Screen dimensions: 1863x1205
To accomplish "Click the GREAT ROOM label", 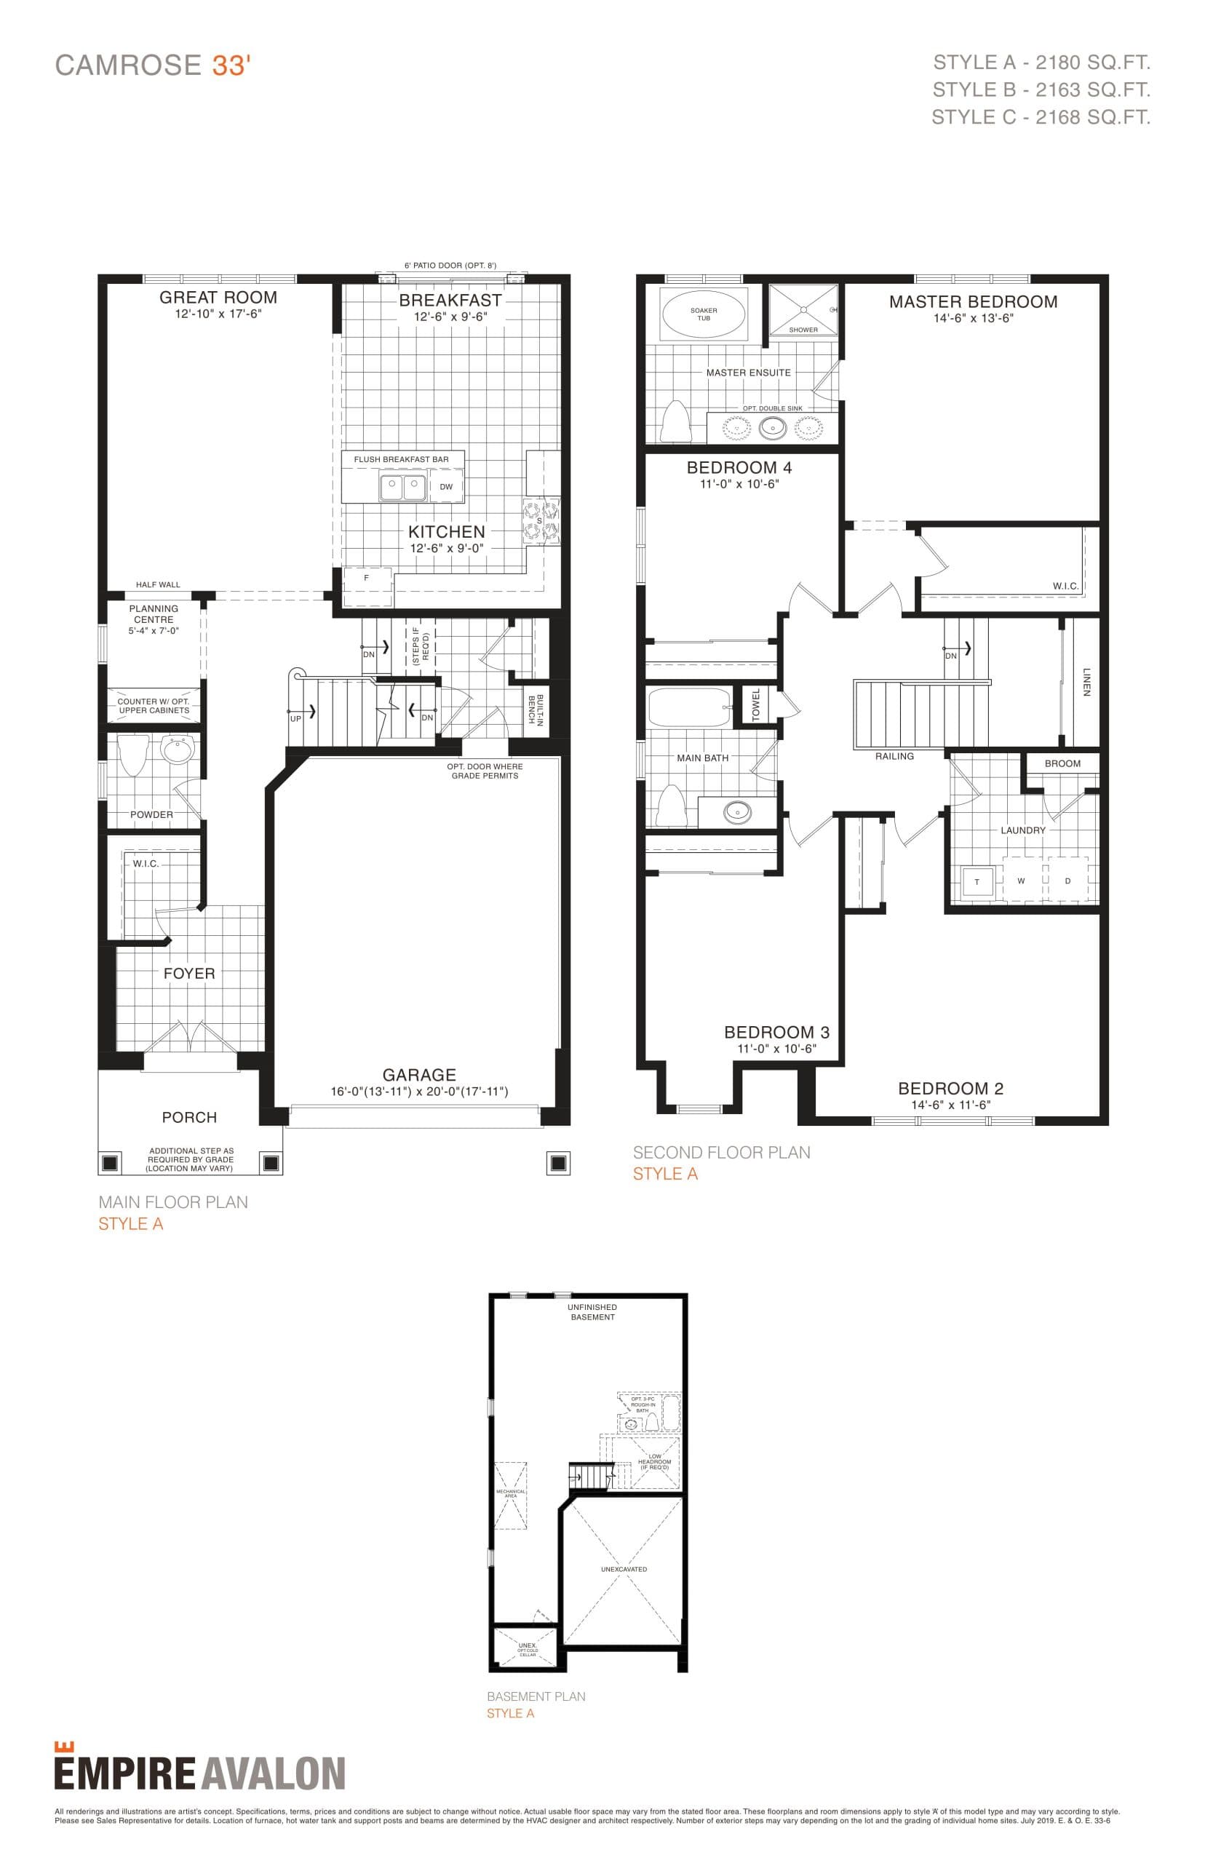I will pos(218,298).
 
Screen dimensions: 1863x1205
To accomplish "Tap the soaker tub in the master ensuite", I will pos(704,314).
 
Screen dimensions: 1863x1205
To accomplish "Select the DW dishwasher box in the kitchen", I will pos(446,486).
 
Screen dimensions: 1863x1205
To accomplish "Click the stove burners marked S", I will pos(541,521).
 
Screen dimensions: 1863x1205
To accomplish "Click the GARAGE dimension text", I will pos(419,1091).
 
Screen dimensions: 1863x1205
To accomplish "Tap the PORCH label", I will pos(189,1117).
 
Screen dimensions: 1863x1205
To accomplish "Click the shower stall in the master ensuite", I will pos(803,309).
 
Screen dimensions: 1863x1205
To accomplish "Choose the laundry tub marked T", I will pos(977,881).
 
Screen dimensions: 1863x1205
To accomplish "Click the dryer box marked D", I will pos(1068,881).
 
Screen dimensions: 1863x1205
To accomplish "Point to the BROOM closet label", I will pos(1062,763).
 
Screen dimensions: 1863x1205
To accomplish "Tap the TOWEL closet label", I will pos(756,704).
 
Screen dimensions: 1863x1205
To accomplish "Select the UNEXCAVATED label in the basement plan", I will pos(624,1569).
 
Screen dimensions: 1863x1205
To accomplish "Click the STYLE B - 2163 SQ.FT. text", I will pos(1041,90).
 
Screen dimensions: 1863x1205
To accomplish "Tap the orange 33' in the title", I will pos(230,65).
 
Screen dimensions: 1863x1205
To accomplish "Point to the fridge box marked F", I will pos(366,579).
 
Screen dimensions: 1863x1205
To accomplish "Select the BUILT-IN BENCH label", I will pos(536,709).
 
